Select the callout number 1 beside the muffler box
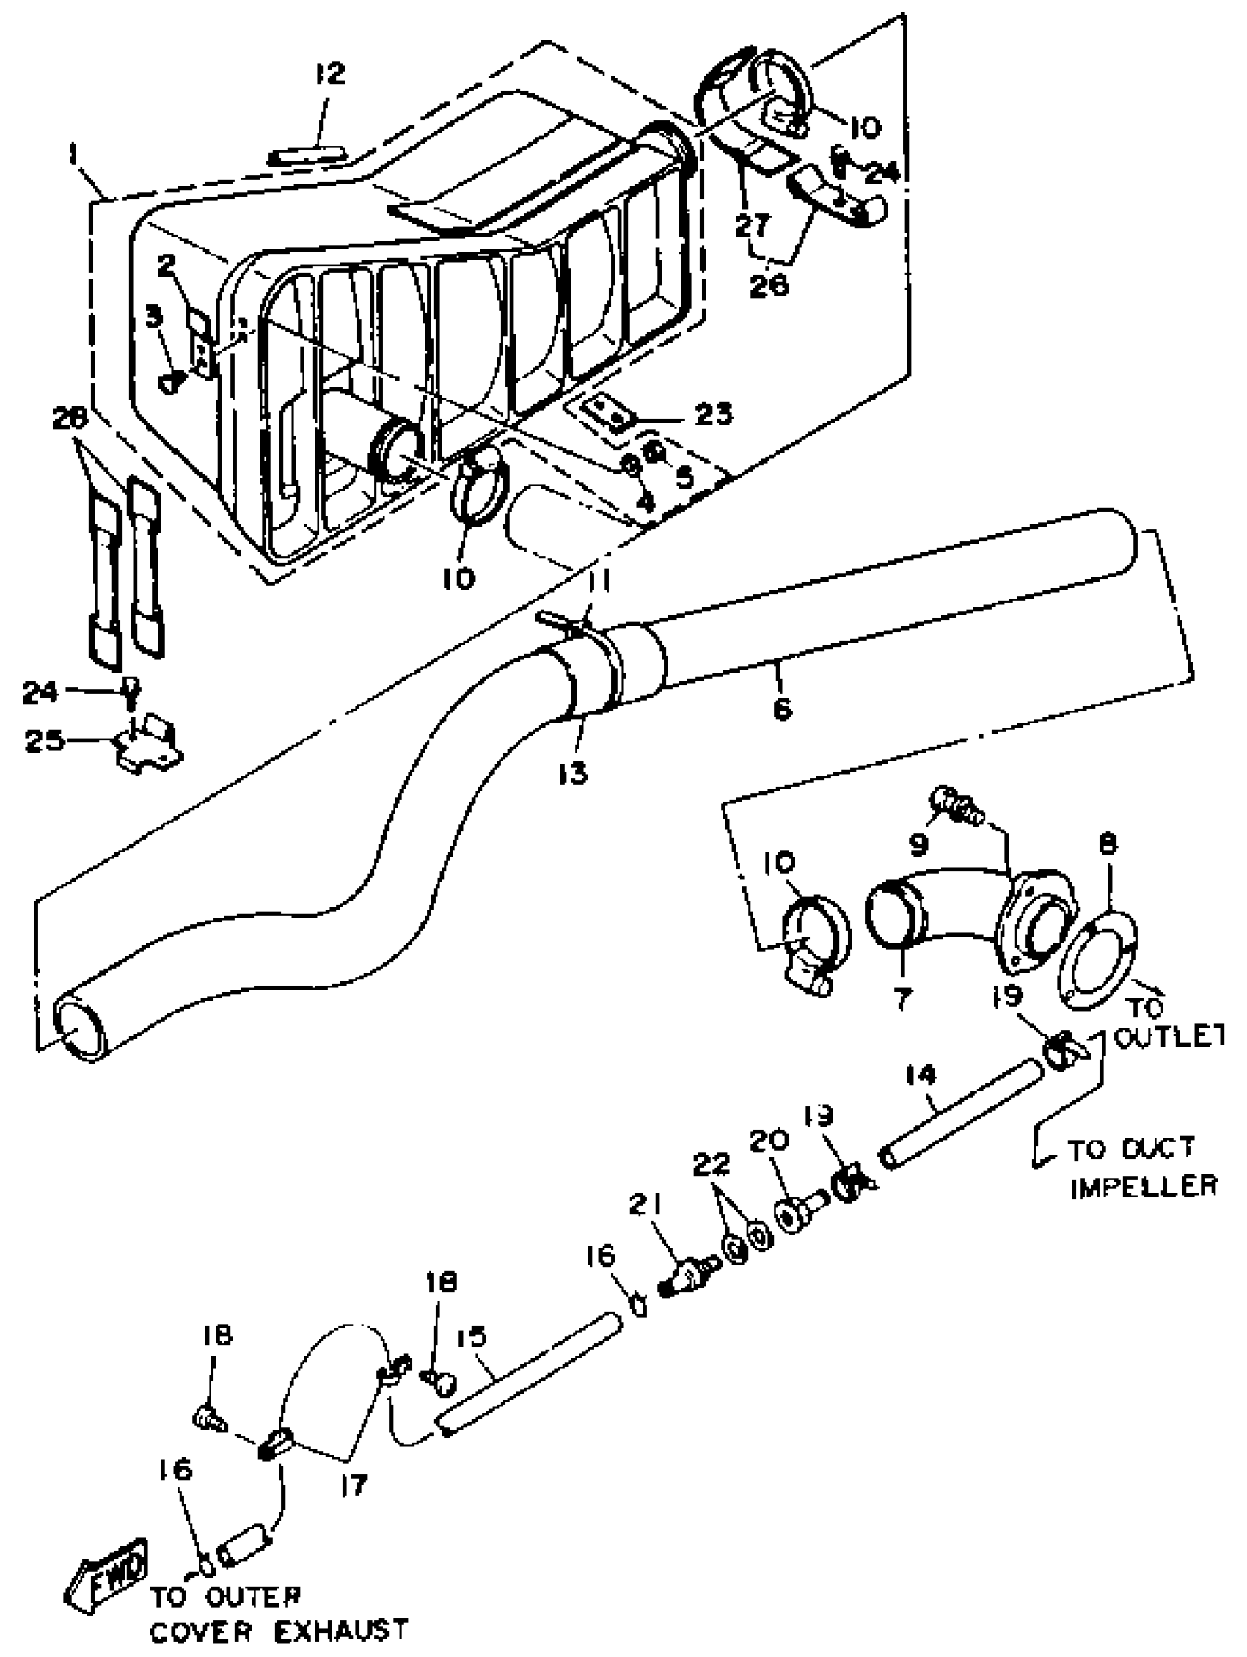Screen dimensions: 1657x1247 click(73, 156)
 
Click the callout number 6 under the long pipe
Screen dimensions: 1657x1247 click(782, 708)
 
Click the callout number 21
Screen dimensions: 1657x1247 click(646, 1204)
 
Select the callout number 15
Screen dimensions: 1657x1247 click(471, 1337)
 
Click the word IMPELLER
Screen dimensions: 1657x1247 click(1143, 1186)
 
